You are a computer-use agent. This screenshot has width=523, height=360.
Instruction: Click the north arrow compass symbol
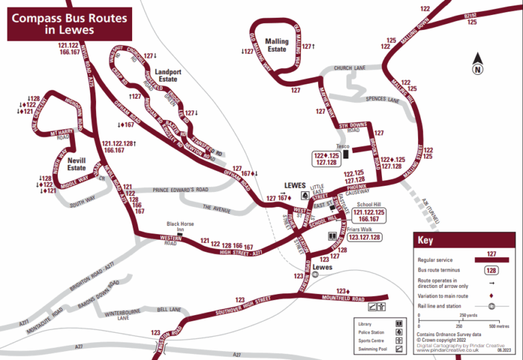point(478,63)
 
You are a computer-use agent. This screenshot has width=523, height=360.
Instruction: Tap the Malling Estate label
point(276,46)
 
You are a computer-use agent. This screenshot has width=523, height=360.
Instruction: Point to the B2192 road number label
point(470,14)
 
